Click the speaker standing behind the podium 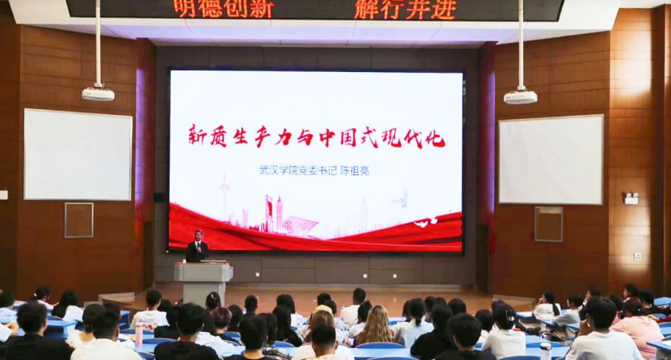pyautogui.click(x=197, y=246)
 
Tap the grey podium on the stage pyautogui.click(x=203, y=282)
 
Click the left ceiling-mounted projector pyautogui.click(x=98, y=94)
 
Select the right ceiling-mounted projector pyautogui.click(x=520, y=96)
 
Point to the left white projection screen pyautogui.click(x=78, y=155)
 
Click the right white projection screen pyautogui.click(x=551, y=159)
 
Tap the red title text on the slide pyautogui.click(x=317, y=136)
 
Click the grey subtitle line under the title pyautogui.click(x=314, y=171)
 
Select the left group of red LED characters pyautogui.click(x=224, y=8)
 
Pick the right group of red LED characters pyautogui.click(x=405, y=9)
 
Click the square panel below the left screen pyautogui.click(x=79, y=221)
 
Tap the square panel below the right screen pyautogui.click(x=549, y=224)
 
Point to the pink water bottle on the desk pyautogui.click(x=139, y=334)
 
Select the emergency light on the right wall pyautogui.click(x=632, y=198)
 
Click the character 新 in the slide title pyautogui.click(x=197, y=136)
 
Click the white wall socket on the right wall pyautogui.click(x=638, y=256)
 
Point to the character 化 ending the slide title pyautogui.click(x=435, y=137)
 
